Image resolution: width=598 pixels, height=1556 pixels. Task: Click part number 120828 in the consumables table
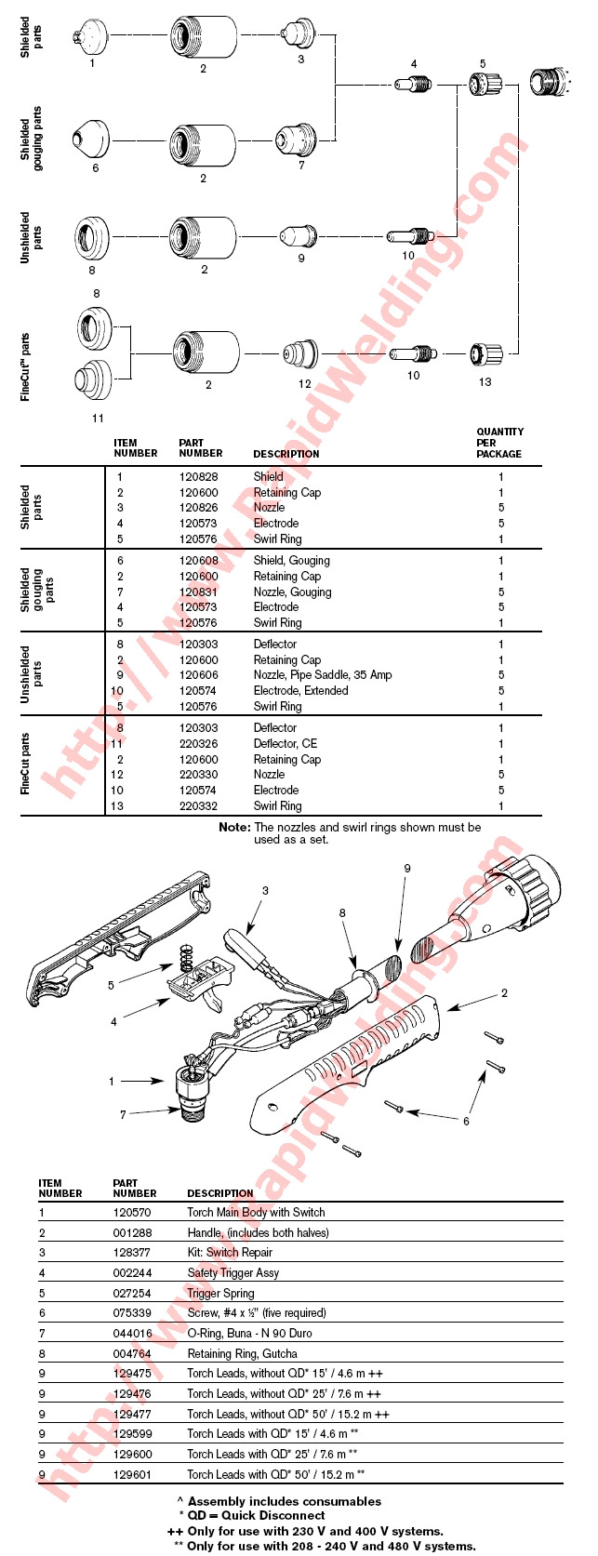(198, 477)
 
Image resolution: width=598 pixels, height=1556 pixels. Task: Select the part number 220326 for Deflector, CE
(198, 744)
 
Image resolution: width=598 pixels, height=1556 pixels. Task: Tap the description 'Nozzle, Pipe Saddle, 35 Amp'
(322, 675)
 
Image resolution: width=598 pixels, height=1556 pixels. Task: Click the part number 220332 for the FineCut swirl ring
(198, 806)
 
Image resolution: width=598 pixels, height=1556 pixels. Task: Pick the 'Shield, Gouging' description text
(291, 561)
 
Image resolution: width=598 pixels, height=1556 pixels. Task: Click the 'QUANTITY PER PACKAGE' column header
(499, 443)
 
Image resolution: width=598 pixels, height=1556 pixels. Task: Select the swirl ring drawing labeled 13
(485, 354)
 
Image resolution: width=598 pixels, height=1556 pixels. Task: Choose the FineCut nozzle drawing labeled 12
(301, 354)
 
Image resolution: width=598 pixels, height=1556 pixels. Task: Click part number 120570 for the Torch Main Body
(132, 1213)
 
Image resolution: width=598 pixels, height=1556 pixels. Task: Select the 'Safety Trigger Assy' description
(233, 1273)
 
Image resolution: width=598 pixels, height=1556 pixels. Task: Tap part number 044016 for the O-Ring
(132, 1334)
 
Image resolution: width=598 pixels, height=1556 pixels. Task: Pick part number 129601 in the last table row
(132, 1475)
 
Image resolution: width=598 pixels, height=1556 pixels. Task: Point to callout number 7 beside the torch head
(123, 1114)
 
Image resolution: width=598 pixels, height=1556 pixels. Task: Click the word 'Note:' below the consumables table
(234, 828)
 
